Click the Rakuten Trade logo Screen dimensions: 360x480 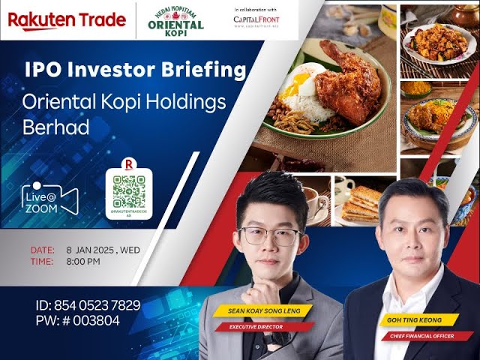point(67,20)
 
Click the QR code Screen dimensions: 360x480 point(129,192)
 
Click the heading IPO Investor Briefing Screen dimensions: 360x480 point(136,70)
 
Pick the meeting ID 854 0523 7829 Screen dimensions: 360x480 point(88,306)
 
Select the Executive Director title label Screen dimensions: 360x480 point(256,327)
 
